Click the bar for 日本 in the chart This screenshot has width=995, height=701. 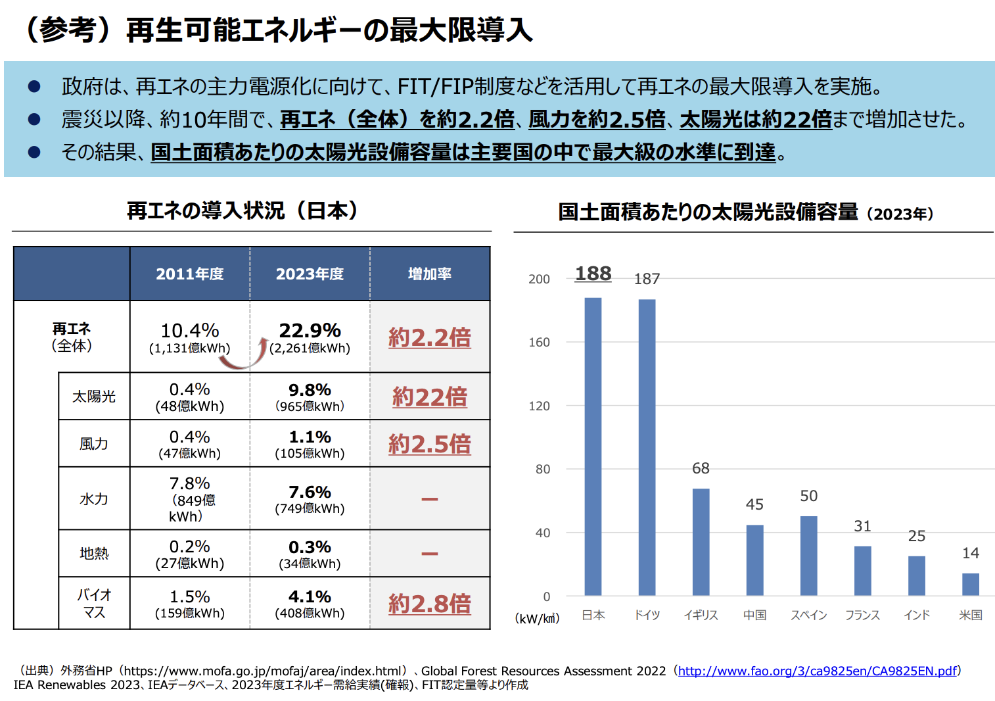pos(593,447)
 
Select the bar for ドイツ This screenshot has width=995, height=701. pos(647,447)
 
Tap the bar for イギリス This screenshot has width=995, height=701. pos(701,542)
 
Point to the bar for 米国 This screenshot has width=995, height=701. pos(970,584)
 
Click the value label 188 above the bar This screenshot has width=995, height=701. pos(593,274)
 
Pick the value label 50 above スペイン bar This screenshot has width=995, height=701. pos(808,496)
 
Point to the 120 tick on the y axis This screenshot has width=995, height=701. pos(539,406)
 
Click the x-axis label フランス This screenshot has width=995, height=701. pos(862,615)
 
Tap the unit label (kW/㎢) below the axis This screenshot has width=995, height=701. pos(537,619)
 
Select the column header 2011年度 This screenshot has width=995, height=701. pos(189,274)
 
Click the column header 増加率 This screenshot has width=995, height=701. pos(430,274)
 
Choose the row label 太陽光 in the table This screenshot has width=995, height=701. pos(94,397)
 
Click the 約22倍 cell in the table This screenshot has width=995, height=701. pos(430,397)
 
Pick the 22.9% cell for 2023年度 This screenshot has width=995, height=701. pos(310,331)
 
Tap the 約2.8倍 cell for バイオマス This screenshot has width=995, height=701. pos(430,604)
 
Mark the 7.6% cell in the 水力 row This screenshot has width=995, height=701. pos(310,493)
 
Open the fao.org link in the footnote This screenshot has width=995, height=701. pos(817,671)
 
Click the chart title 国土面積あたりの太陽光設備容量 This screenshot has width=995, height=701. pos(708,212)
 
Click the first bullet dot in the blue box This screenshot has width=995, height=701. pos(34,86)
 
